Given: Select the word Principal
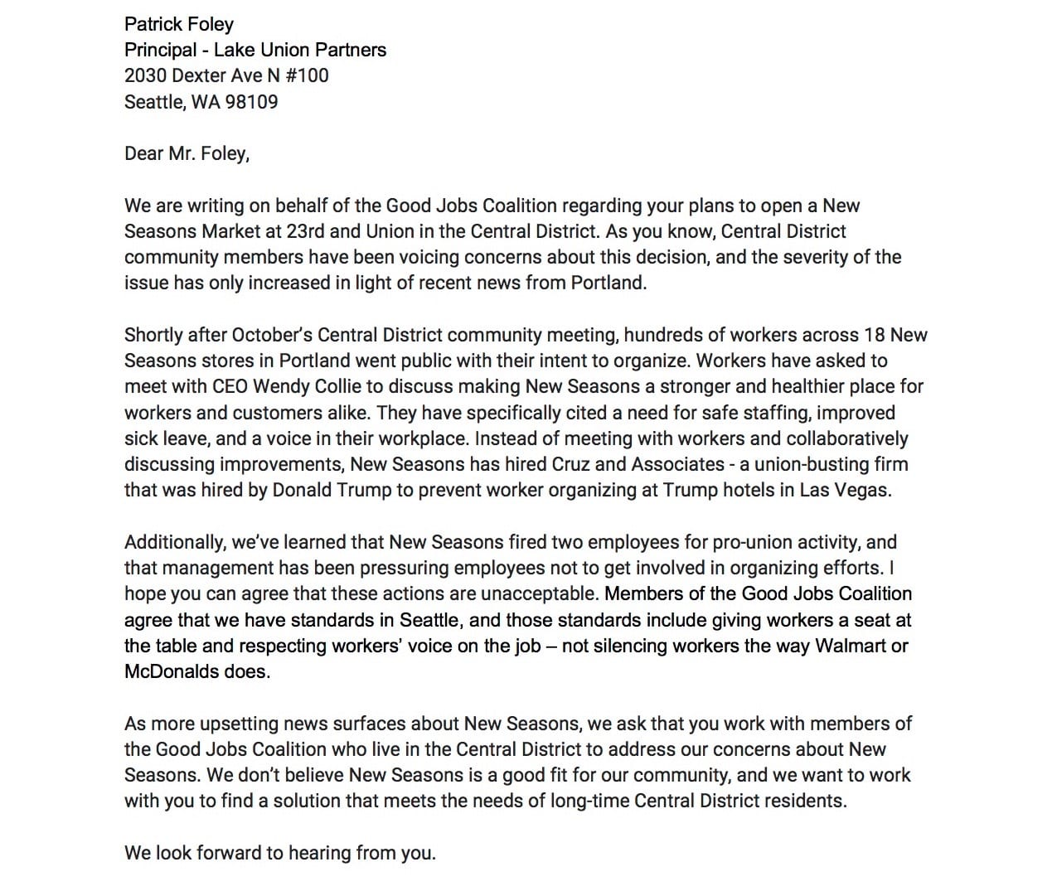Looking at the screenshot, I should click(x=160, y=50).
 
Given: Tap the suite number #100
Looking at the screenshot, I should click(x=308, y=75).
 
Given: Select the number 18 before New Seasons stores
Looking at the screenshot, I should click(x=877, y=335).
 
